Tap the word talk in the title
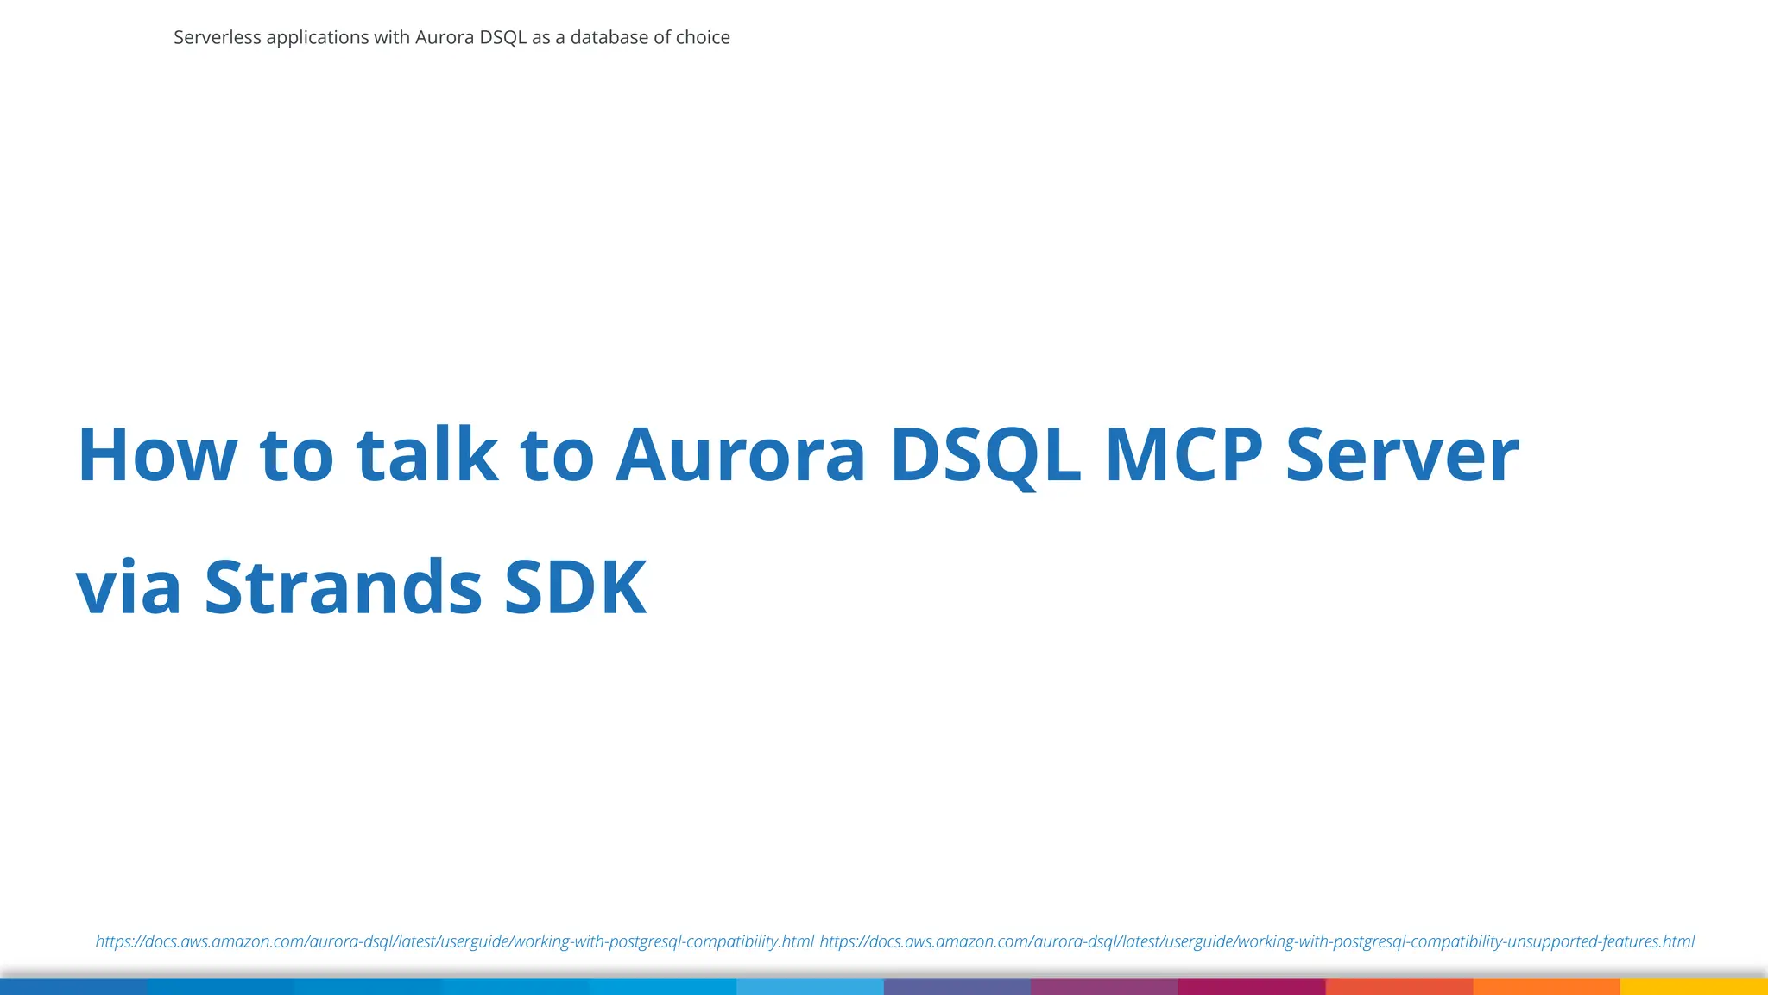[427, 455]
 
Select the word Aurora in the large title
[740, 455]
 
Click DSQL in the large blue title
[985, 455]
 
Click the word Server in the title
[1402, 455]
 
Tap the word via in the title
[129, 588]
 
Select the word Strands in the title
[343, 588]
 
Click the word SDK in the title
[575, 588]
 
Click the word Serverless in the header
[217, 37]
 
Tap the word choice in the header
[703, 37]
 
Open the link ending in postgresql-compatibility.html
[454, 941]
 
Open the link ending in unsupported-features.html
[1257, 941]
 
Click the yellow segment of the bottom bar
[1694, 986]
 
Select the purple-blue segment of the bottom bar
[957, 986]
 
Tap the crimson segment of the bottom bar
[1252, 986]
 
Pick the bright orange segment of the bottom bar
[1546, 986]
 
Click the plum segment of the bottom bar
[1104, 986]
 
